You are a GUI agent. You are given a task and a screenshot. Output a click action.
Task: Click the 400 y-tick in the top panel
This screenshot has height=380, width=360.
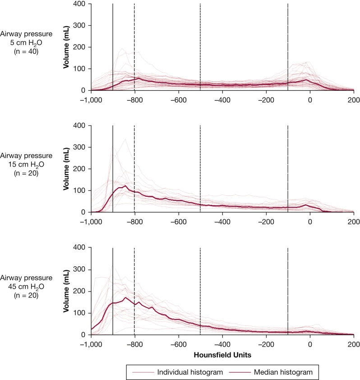click(x=80, y=4)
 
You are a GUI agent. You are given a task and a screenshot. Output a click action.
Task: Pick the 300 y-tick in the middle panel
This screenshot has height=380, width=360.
click(x=80, y=148)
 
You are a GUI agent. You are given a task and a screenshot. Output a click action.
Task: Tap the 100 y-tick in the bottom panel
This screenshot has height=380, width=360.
click(x=80, y=313)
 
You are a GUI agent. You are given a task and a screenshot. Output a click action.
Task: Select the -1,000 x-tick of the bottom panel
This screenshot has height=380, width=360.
click(x=91, y=343)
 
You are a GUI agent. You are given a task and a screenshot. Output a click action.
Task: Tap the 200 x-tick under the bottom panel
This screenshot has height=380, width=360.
click(x=354, y=343)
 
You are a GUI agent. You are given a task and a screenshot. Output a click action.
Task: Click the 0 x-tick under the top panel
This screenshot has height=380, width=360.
click(x=310, y=99)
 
